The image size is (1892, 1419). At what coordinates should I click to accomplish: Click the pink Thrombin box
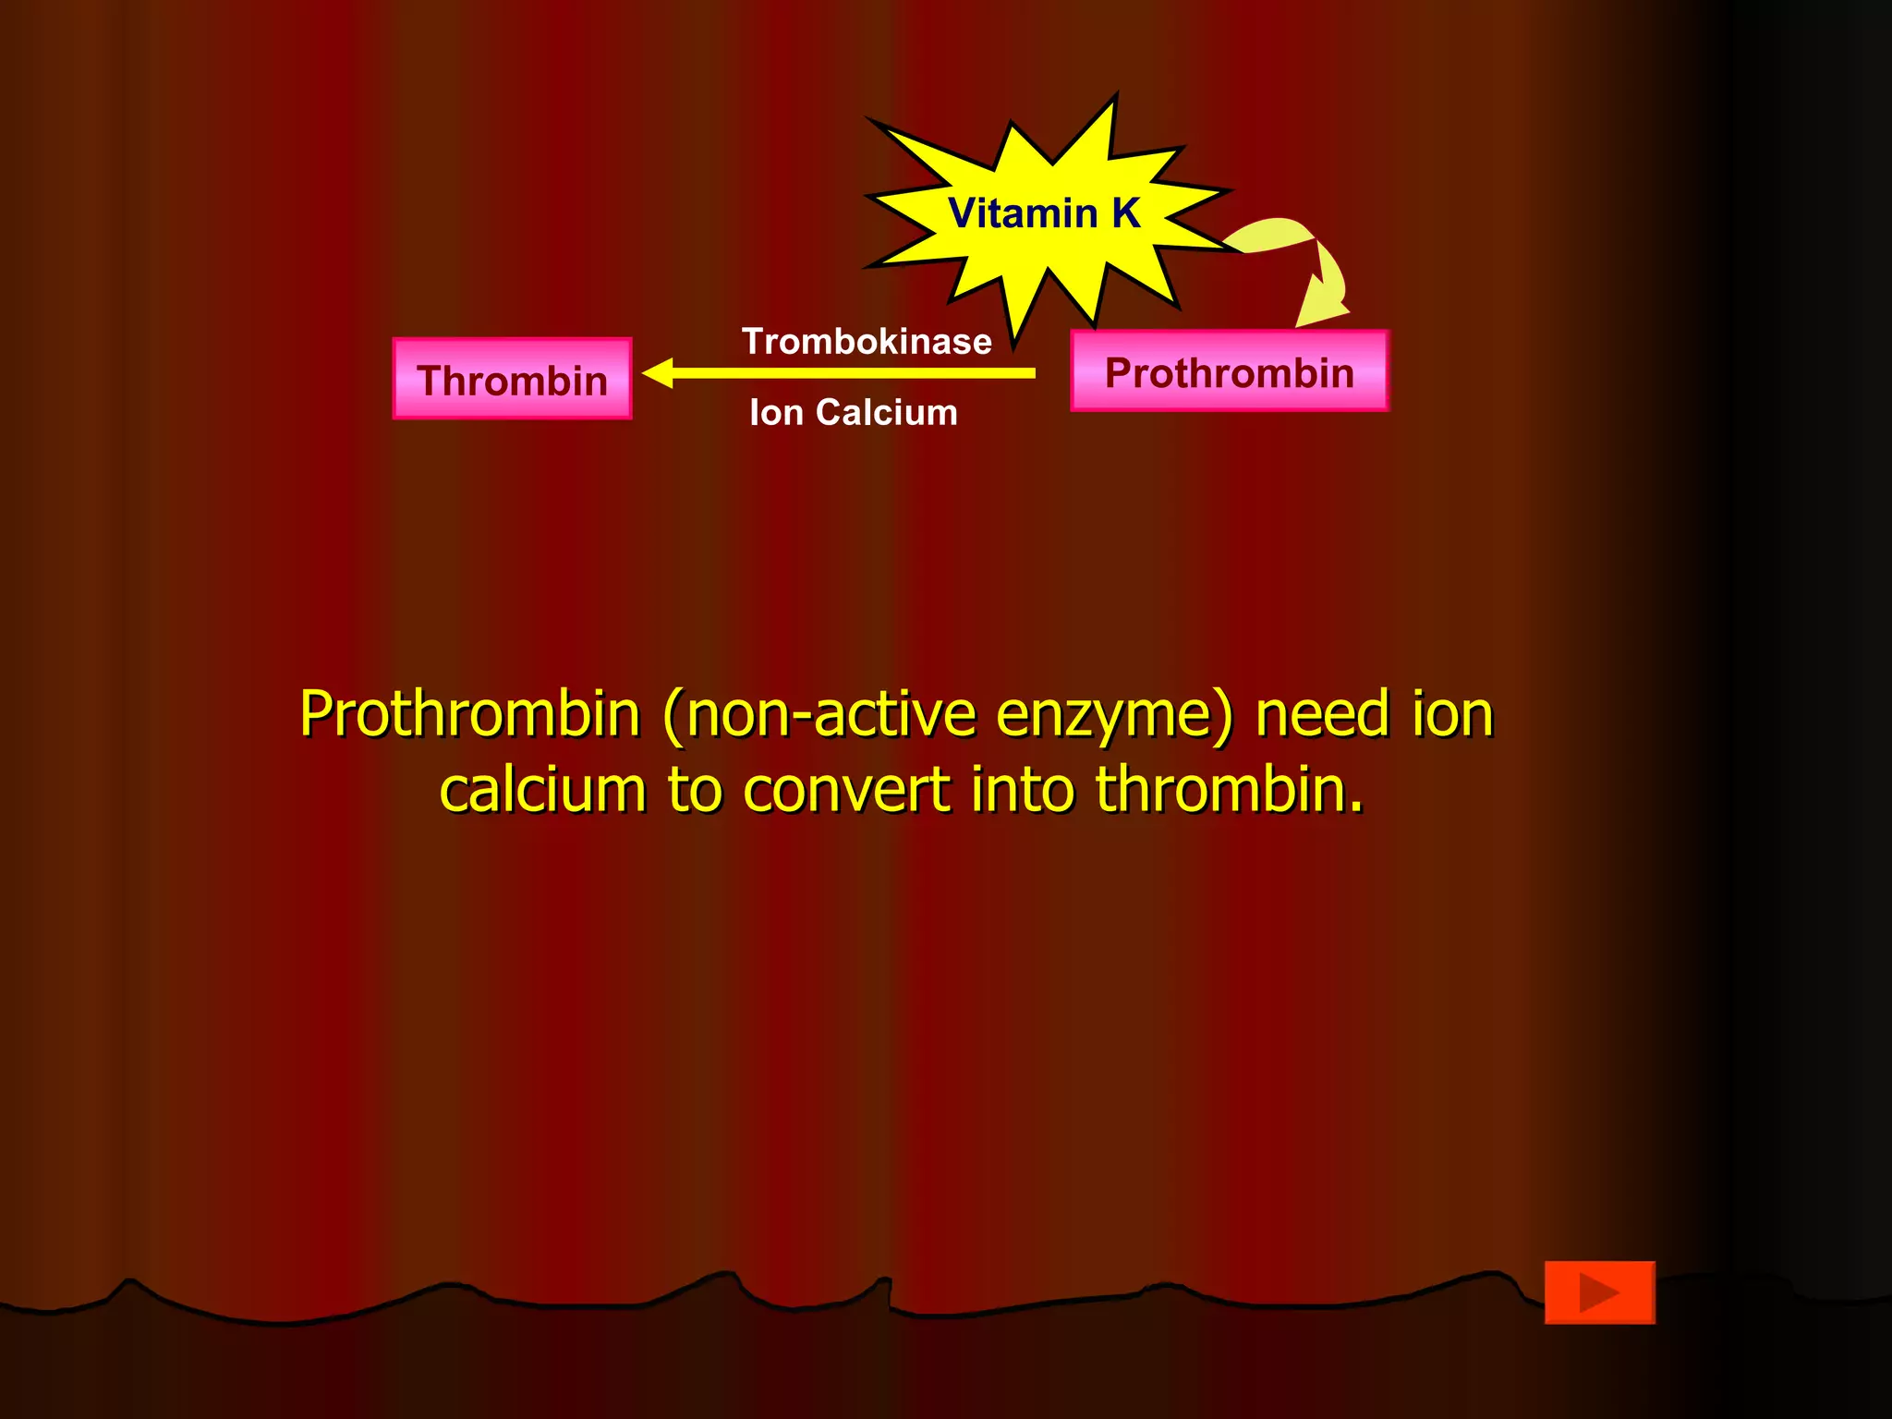[512, 379]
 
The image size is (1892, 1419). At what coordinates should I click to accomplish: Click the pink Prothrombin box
[1229, 371]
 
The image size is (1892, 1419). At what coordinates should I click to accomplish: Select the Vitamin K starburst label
[1044, 213]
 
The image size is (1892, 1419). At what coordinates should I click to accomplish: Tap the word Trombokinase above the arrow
[867, 342]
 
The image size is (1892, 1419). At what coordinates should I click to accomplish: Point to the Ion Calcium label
[854, 413]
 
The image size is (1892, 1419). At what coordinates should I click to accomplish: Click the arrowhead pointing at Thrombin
[659, 373]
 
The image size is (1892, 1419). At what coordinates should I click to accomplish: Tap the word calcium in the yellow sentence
[542, 792]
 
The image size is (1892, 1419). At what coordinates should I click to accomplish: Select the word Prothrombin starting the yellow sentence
[470, 716]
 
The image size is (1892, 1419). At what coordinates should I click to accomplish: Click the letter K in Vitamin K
[1126, 213]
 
